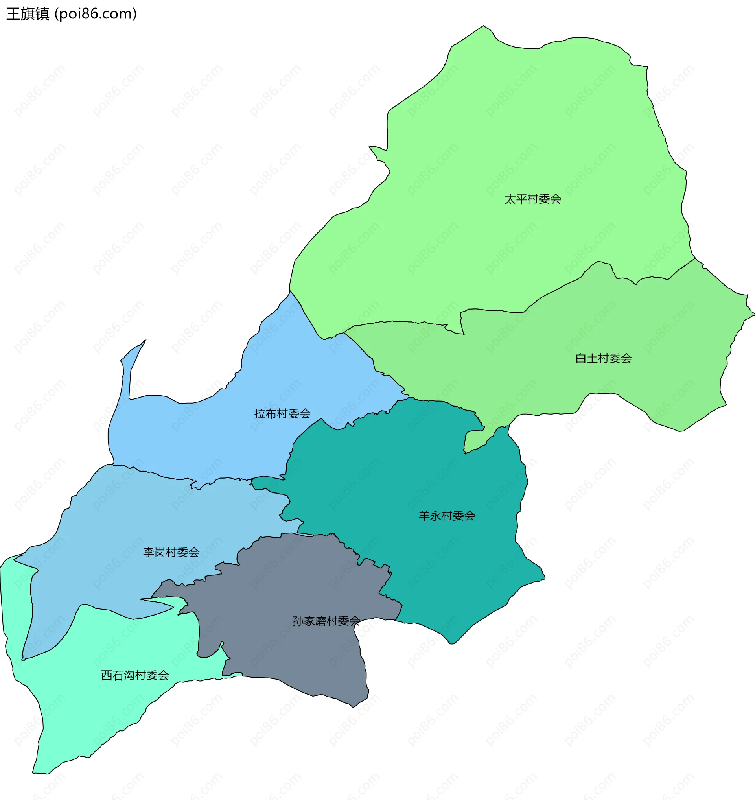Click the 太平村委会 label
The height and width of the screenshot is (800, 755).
532,199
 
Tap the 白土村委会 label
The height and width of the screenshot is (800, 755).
603,358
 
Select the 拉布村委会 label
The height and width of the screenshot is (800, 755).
282,413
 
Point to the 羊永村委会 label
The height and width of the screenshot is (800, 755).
447,516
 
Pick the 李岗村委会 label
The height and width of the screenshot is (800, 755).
171,552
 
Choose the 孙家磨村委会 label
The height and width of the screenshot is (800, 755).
326,621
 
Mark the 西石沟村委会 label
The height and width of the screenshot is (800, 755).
135,675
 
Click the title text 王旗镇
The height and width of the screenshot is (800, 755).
28,14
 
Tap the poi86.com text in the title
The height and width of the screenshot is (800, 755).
96,14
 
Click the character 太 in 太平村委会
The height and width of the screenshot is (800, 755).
510,199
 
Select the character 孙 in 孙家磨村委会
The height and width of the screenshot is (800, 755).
298,621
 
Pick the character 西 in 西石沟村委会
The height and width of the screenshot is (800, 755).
107,675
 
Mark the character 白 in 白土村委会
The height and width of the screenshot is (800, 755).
581,358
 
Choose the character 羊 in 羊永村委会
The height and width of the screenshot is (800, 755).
424,516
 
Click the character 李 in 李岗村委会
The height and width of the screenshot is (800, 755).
149,552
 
